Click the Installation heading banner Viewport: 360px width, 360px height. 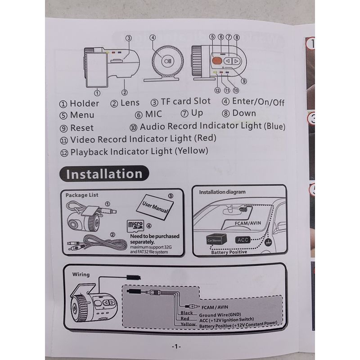point(104,174)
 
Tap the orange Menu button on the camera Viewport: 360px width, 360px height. point(217,61)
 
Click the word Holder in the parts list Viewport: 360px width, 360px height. point(85,103)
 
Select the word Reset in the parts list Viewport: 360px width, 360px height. point(82,128)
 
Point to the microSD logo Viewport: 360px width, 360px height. point(135,225)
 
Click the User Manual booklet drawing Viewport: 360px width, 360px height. point(155,207)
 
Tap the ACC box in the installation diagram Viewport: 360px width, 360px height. point(243,240)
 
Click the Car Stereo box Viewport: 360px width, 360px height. point(216,240)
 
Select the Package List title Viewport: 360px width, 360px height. point(82,195)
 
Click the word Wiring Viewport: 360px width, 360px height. point(81,274)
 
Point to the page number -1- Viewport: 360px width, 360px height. point(176,346)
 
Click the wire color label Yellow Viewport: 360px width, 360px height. point(188,324)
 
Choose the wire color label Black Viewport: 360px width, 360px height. point(187,313)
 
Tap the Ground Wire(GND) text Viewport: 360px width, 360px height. point(220,315)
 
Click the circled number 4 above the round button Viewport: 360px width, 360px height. point(153,38)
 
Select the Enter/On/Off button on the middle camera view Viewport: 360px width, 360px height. point(167,61)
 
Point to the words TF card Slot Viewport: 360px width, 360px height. point(185,101)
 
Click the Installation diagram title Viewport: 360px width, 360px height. point(222,192)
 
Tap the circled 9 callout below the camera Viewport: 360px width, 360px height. point(244,81)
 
